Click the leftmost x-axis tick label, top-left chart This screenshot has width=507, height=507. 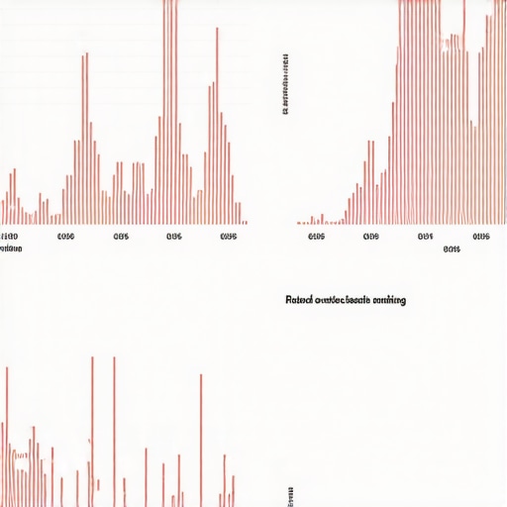pyautogui.click(x=10, y=238)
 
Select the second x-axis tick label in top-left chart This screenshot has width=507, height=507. pyautogui.click(x=66, y=238)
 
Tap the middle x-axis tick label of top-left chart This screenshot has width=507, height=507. pyautogui.click(x=121, y=238)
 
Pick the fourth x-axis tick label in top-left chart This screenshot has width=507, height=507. pyautogui.click(x=174, y=238)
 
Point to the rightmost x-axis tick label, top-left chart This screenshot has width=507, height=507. pyautogui.click(x=229, y=238)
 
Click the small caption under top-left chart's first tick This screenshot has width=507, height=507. pyautogui.click(x=11, y=250)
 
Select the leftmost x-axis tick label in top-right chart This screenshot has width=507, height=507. pyautogui.click(x=316, y=238)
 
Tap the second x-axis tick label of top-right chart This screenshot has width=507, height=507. pyautogui.click(x=371, y=238)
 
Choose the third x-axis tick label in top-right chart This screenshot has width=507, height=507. pyautogui.click(x=426, y=238)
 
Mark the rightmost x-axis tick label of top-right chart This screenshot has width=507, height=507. pyautogui.click(x=481, y=238)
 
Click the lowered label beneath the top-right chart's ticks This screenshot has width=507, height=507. pyautogui.click(x=452, y=250)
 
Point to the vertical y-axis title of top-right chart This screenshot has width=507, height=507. pyautogui.click(x=285, y=84)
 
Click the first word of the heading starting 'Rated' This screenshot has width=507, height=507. pyautogui.click(x=298, y=299)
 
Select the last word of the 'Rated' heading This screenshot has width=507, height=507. pyautogui.click(x=388, y=299)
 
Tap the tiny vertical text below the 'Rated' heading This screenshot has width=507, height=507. pyautogui.click(x=290, y=495)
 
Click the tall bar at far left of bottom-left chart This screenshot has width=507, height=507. pyautogui.click(x=6, y=436)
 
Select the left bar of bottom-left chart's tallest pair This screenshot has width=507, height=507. pyautogui.click(x=92, y=431)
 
